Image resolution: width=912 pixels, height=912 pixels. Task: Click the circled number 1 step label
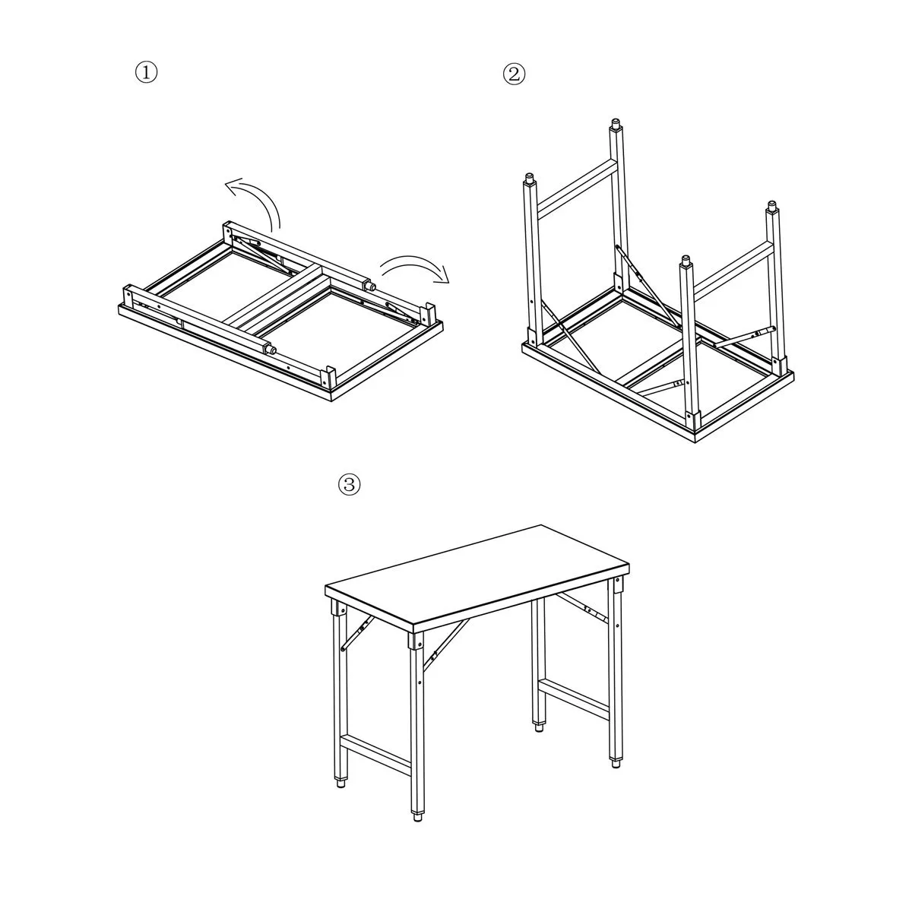pos(146,73)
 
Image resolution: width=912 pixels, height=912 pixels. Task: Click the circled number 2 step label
pos(514,74)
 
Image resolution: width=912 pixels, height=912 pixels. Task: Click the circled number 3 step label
pos(350,485)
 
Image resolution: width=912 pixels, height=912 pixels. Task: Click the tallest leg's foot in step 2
pos(616,125)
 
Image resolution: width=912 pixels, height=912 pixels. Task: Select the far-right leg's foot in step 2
pos(772,207)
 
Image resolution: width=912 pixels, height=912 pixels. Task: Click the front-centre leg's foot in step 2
pos(686,261)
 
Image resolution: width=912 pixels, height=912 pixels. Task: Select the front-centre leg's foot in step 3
pos(417,817)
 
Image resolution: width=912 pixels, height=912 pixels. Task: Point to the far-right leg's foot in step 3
pos(616,763)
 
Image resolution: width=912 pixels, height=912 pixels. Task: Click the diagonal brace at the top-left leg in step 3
pos(357,632)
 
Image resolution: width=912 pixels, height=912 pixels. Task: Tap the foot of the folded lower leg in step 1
pos(271,350)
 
